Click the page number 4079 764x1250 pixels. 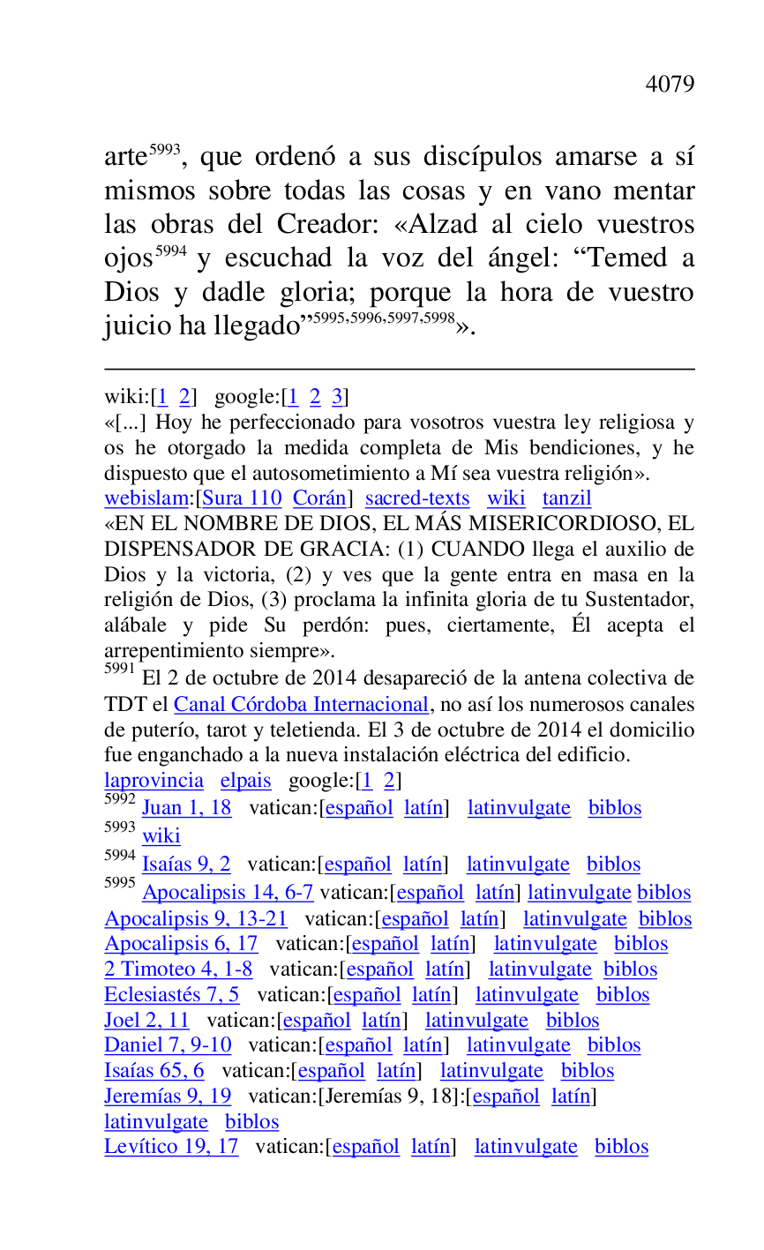coord(670,85)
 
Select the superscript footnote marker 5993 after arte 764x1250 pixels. coord(164,150)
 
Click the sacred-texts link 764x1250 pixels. coord(417,498)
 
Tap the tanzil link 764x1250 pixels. coord(566,498)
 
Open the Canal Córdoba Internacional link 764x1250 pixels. coord(301,705)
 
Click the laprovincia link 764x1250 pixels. coord(154,781)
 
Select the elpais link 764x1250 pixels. coord(245,781)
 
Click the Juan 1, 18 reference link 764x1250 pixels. coord(186,808)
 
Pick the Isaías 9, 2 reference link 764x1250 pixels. coord(185,865)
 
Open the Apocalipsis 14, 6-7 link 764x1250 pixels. coord(228,893)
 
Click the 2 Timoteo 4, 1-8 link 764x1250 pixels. coord(178,969)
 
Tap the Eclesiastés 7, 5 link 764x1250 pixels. coord(171,995)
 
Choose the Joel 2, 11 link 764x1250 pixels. coord(146,1021)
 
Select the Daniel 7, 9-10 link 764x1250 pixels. coord(168,1045)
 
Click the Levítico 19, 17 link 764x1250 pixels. coord(171,1147)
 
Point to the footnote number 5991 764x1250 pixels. coord(119,670)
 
